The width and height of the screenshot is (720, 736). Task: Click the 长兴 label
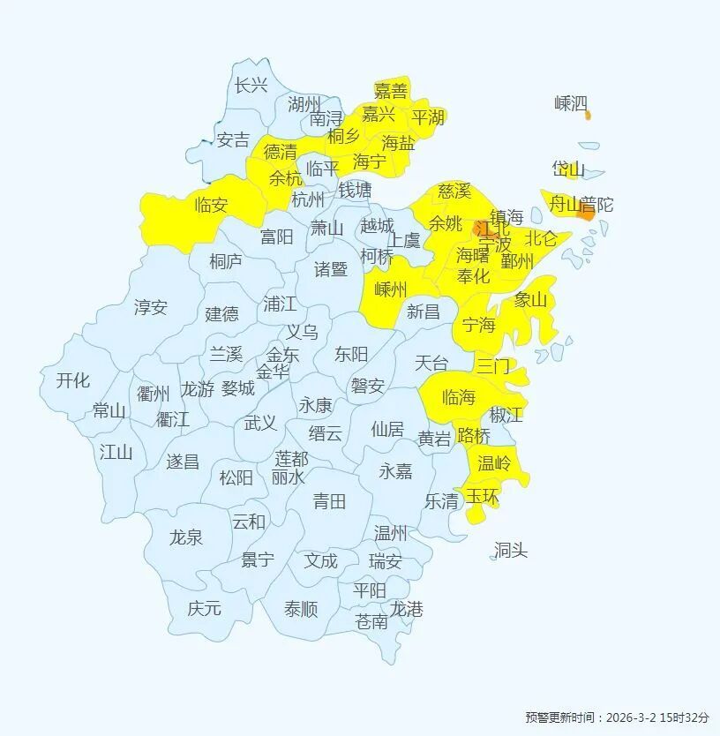point(251,86)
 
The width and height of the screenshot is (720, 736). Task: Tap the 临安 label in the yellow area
point(211,206)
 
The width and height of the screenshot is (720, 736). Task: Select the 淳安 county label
point(150,307)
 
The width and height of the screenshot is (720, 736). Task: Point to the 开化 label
point(72,381)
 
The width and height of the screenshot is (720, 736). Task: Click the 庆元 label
point(204,608)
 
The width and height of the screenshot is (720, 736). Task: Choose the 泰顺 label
point(301,609)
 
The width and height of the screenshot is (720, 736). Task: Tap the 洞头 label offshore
point(510,551)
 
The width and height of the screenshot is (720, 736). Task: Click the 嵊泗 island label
point(570,104)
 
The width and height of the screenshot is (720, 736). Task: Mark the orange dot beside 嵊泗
point(589,115)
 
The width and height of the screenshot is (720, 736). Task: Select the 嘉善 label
point(391,91)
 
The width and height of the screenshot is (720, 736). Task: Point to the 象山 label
point(530,300)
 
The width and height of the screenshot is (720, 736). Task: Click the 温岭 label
point(494,462)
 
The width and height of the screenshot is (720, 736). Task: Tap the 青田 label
point(329,502)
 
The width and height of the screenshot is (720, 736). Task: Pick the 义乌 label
point(303,332)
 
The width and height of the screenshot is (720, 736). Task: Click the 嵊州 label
point(391,289)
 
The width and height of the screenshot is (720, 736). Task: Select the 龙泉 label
point(185,537)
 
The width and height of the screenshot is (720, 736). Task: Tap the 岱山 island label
point(568,169)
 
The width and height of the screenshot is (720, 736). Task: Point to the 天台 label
point(431,363)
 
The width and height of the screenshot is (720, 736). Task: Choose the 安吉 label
point(233,139)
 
